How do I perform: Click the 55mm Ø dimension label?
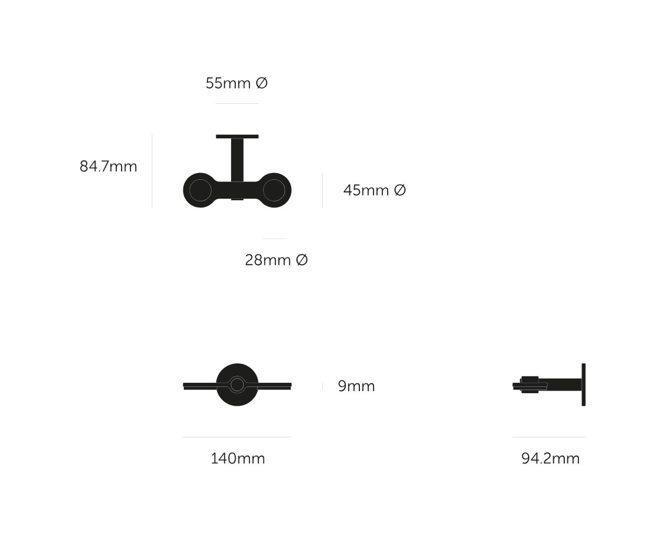[236, 83]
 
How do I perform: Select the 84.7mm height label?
[108, 166]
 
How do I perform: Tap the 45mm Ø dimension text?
[375, 190]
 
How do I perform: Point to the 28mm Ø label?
[277, 260]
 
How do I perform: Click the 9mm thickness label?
[356, 386]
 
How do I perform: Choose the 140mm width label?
[238, 458]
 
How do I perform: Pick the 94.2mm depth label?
[551, 458]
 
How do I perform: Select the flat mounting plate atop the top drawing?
[237, 136]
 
